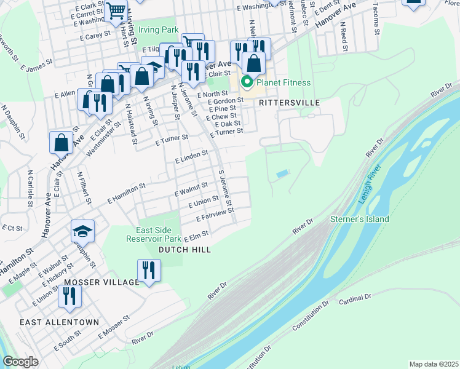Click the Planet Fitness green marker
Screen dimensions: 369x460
pyautogui.click(x=247, y=82)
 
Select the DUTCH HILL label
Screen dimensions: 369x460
pyautogui.click(x=184, y=250)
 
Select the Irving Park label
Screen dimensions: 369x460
pyautogui.click(x=158, y=30)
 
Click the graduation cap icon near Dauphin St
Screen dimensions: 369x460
pyautogui.click(x=82, y=231)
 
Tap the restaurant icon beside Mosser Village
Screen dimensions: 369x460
pyautogui.click(x=149, y=269)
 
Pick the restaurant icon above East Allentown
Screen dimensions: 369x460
pyautogui.click(x=69, y=296)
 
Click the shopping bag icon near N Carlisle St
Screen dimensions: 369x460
pyautogui.click(x=61, y=142)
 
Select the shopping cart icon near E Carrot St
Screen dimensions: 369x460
pyautogui.click(x=116, y=10)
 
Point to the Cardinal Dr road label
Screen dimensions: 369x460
pyautogui.click(x=355, y=297)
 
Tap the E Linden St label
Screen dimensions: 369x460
pyautogui.click(x=191, y=157)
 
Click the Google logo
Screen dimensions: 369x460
pyautogui.click(x=21, y=362)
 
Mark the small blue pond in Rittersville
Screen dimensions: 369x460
pyautogui.click(x=282, y=175)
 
